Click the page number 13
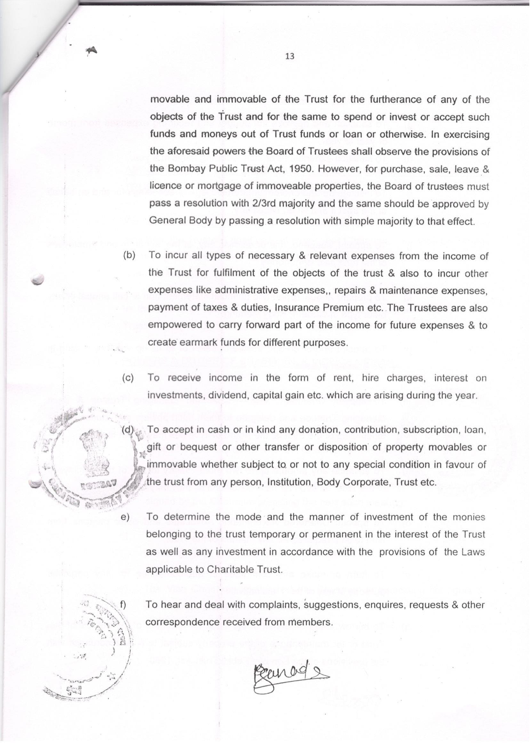click(289, 56)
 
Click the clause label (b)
click(129, 255)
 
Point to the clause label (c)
click(128, 378)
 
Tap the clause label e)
click(125, 517)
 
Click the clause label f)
click(123, 604)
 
